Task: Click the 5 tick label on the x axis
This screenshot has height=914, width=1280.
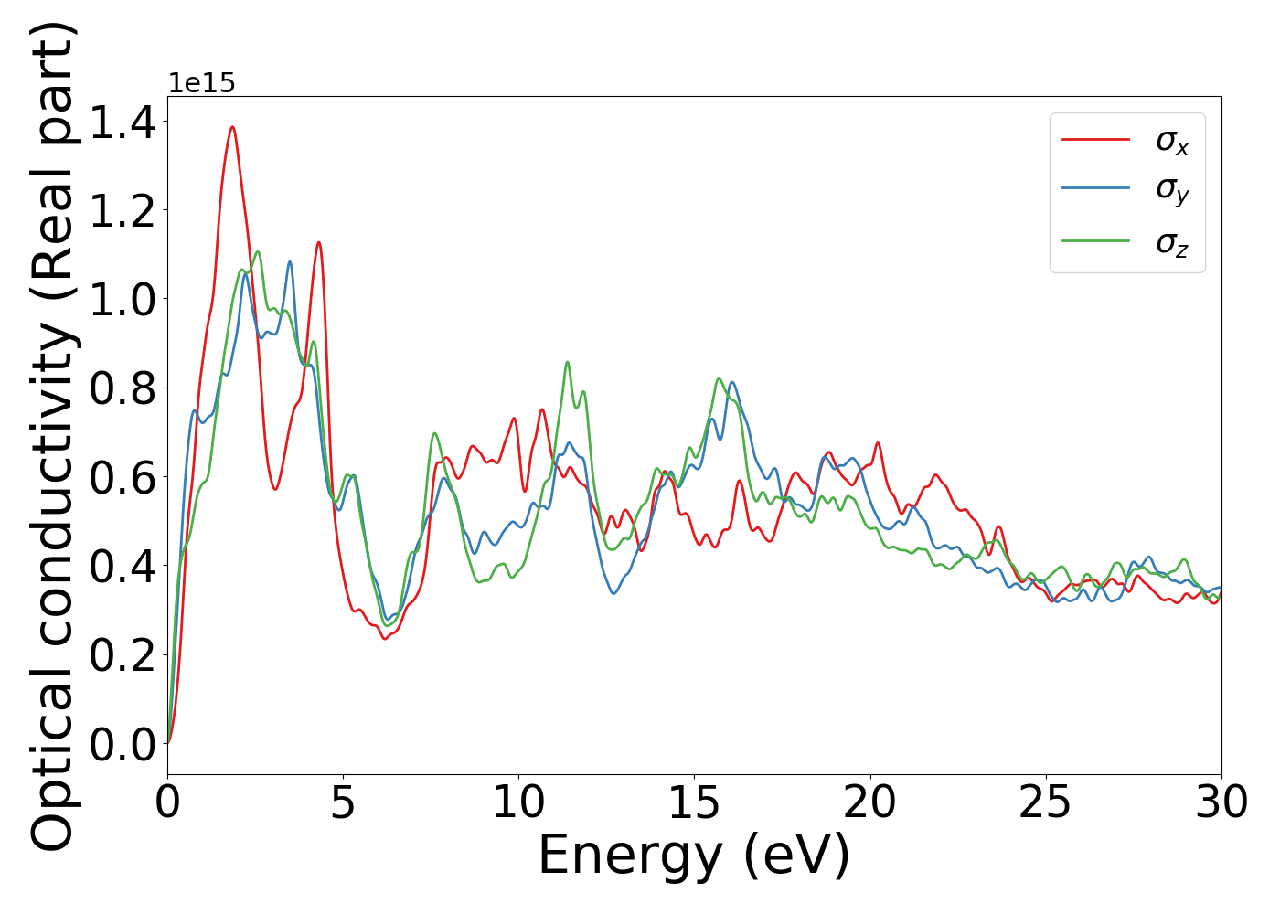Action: pos(343,802)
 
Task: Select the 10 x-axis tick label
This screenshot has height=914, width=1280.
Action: pos(518,802)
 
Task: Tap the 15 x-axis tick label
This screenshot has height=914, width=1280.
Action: pos(694,802)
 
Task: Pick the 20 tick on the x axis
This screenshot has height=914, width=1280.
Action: pos(869,802)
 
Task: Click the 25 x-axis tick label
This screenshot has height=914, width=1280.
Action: pos(1045,802)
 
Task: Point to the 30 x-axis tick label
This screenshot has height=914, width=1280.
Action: pos(1221,802)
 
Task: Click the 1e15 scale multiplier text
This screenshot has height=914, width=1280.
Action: pos(201,84)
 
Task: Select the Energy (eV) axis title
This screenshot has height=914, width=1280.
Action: pos(694,856)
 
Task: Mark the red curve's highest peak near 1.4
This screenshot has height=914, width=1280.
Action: pos(232,127)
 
